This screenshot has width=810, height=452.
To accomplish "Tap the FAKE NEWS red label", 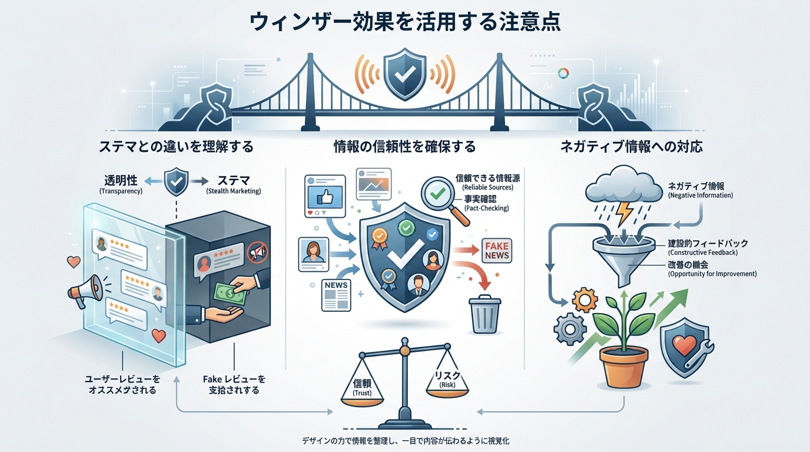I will (x=496, y=250).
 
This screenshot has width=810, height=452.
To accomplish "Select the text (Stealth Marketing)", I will (x=234, y=191).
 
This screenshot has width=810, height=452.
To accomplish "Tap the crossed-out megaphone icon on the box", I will (x=257, y=252).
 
